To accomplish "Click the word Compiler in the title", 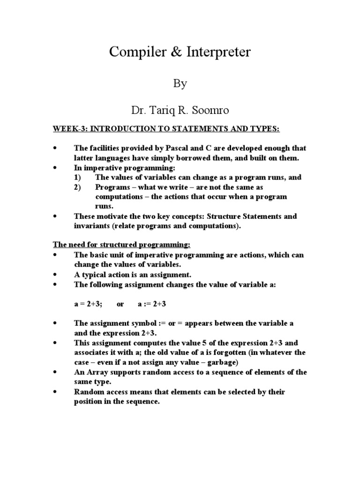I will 134,52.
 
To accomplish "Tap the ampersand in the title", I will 168,52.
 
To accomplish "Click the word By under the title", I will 180,84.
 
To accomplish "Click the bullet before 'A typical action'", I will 55,275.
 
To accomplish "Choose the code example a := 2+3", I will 152,304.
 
